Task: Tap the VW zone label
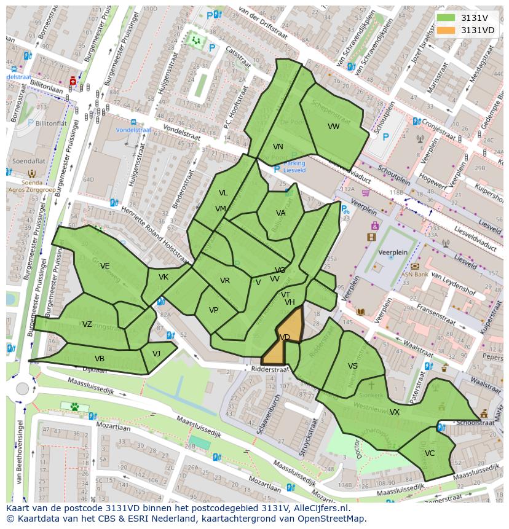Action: coord(333,127)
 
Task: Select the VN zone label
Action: coord(278,147)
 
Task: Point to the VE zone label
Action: coord(105,266)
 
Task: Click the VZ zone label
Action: coord(87,324)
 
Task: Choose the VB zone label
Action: coord(99,359)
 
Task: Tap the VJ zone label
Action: coord(156,353)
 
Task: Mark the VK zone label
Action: coord(163,277)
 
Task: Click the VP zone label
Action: coord(213,310)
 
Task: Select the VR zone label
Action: coord(225,281)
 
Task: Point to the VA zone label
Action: coord(280,213)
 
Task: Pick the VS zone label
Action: coord(352,366)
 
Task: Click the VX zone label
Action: coord(394,412)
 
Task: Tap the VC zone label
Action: coord(429,453)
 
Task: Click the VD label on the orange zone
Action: coord(285,337)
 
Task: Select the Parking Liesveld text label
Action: coord(294,167)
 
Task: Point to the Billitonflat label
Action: coord(51,123)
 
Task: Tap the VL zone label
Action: coord(223,193)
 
